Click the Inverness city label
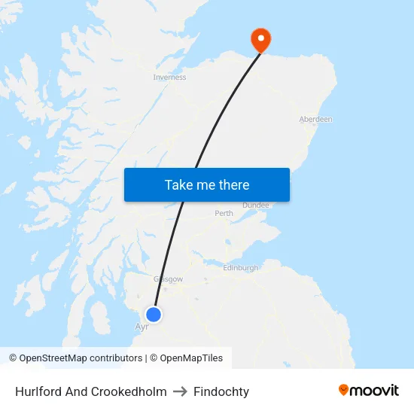click(169, 77)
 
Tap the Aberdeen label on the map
click(315, 119)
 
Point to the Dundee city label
click(256, 205)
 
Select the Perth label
click(224, 213)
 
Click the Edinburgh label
click(241, 267)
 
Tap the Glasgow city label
click(168, 279)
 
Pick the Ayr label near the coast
click(141, 327)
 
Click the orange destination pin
click(261, 39)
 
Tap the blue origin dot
click(154, 315)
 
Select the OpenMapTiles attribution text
click(191, 358)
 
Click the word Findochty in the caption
click(221, 391)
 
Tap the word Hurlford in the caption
click(38, 391)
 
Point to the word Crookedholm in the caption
click(128, 391)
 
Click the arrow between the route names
click(180, 391)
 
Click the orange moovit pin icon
click(344, 390)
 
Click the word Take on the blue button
click(178, 184)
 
